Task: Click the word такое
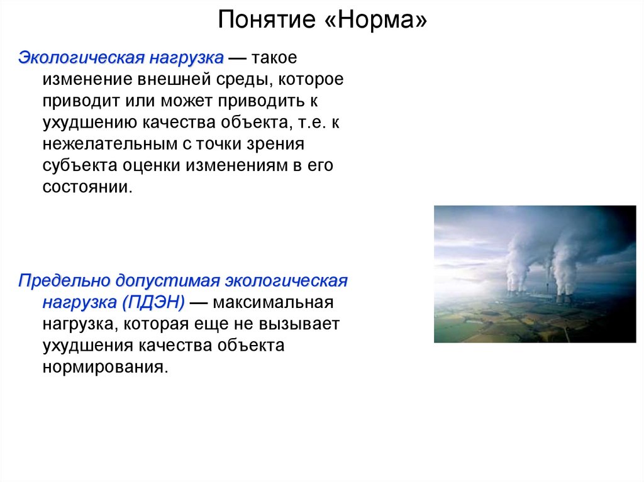(x=274, y=58)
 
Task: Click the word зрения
(x=277, y=145)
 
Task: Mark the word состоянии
(x=87, y=187)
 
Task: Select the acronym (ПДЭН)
(x=154, y=302)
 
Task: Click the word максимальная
(x=272, y=302)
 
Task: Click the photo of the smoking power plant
(x=535, y=274)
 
